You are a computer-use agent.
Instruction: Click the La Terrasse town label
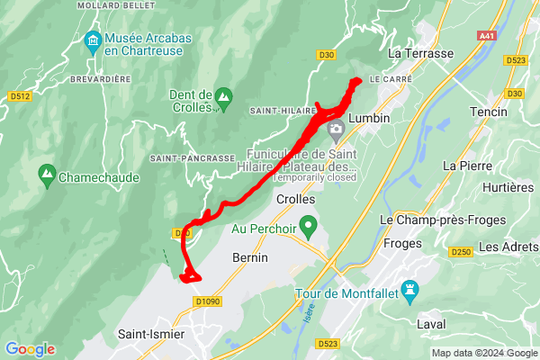tap(420, 54)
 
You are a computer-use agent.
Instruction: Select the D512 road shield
tap(18, 96)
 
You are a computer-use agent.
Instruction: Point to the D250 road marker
tap(461, 251)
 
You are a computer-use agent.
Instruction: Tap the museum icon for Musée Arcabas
tap(92, 40)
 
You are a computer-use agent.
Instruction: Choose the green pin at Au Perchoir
tap(309, 224)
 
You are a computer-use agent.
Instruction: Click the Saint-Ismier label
tap(151, 335)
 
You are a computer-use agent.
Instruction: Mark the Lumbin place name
tap(369, 118)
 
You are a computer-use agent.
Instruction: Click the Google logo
tap(30, 349)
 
